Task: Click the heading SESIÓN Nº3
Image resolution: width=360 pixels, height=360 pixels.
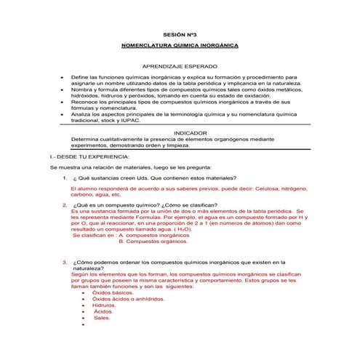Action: point(180,34)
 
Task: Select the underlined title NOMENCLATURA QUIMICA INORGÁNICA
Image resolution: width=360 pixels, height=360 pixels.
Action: point(180,46)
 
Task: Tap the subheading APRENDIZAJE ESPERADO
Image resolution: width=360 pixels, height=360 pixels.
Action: point(180,66)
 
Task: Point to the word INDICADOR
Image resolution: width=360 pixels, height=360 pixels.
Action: point(180,132)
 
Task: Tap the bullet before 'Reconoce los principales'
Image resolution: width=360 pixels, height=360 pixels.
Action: point(63,103)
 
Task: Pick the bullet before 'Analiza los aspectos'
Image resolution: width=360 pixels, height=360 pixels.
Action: point(63,115)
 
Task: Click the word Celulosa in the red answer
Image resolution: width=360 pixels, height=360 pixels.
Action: point(240,189)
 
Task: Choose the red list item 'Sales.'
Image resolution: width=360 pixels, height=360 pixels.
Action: point(102,318)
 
